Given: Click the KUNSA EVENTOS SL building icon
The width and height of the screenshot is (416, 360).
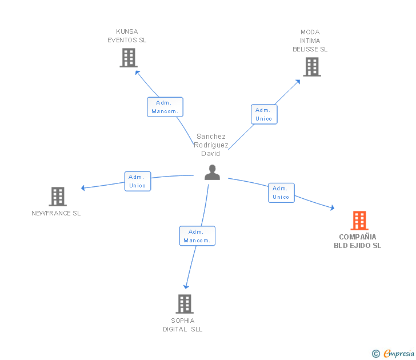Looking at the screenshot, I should (129, 58).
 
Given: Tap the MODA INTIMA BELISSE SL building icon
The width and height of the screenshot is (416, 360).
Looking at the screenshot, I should (311, 67).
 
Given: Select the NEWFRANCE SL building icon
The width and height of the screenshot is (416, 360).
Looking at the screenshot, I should (58, 197).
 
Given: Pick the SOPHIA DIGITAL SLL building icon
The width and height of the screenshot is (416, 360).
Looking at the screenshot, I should (185, 303).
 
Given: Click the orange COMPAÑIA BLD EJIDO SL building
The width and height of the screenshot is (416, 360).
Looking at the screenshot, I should (359, 220).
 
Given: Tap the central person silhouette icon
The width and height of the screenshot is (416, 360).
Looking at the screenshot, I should (212, 173).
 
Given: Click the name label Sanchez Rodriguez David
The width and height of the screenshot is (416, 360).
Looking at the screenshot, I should (211, 145).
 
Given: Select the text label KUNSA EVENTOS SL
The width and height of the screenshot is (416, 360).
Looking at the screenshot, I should (127, 36).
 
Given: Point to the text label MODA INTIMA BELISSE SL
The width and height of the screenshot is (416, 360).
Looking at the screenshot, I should (310, 41).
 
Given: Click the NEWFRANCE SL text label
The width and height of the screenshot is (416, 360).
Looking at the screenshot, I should (56, 213).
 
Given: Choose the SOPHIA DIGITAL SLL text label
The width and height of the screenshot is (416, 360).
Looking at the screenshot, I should (183, 325).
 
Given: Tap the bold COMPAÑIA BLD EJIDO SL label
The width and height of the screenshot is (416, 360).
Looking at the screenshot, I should (358, 241).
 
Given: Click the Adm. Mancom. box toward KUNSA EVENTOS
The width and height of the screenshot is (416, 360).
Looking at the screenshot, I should (165, 107).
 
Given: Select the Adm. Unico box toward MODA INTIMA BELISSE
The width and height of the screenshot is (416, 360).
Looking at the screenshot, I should (264, 114).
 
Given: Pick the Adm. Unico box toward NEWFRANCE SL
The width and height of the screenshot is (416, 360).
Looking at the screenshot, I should (138, 181).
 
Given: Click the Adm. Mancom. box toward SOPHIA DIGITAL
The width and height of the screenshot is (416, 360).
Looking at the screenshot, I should (197, 236).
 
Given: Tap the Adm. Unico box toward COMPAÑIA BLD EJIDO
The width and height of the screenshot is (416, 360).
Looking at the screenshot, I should (281, 193).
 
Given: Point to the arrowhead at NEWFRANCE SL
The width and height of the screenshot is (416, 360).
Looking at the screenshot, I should (83, 187).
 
